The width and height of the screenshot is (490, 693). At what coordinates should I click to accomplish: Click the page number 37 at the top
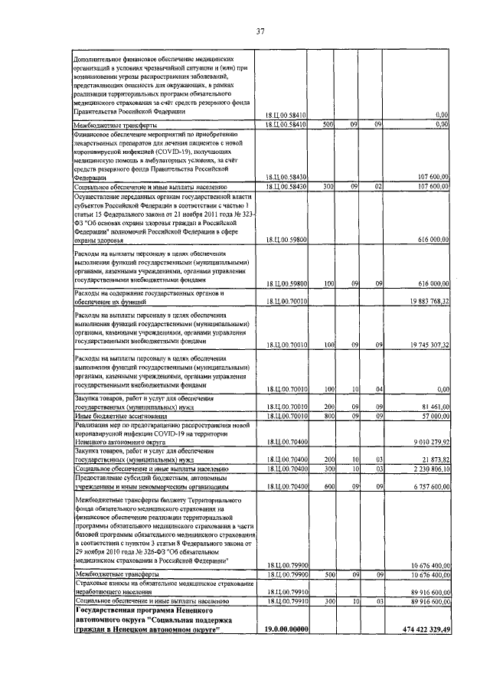[x=260, y=31]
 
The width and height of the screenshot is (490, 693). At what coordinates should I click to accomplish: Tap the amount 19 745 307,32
[x=423, y=345]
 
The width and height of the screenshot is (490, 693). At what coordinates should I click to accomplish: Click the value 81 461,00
[x=431, y=408]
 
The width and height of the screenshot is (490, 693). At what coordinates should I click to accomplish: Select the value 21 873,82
[x=432, y=458]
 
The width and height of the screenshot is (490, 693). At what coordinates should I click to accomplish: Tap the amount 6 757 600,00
[x=425, y=485]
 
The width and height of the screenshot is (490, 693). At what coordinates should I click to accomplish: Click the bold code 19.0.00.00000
[x=285, y=629]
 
